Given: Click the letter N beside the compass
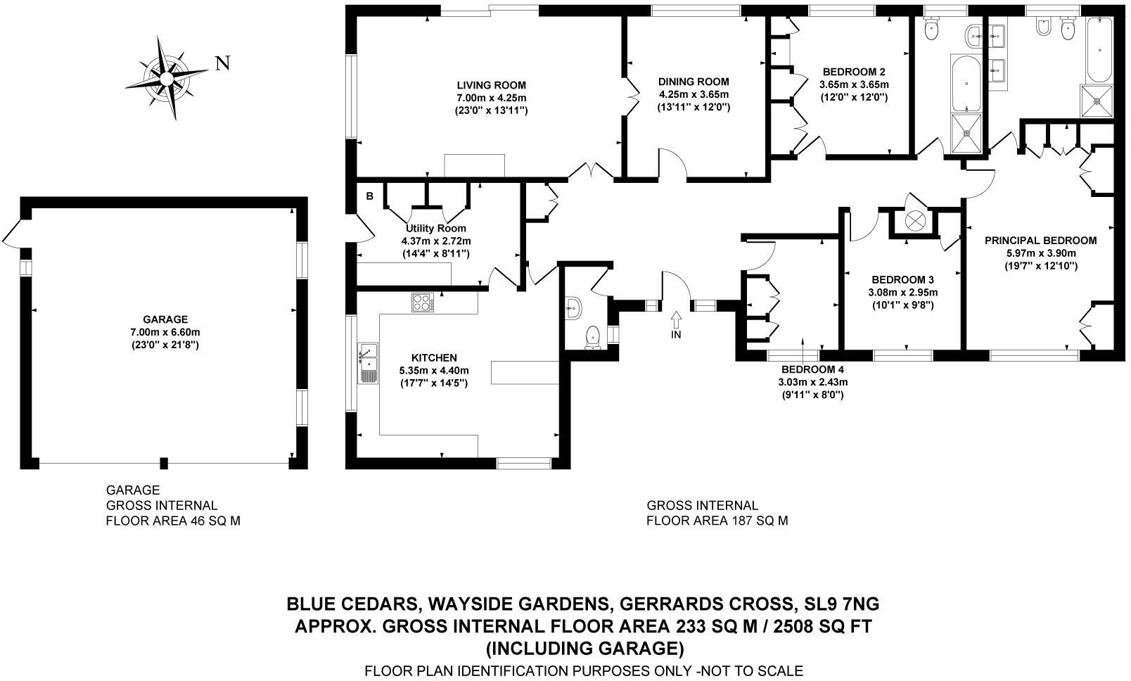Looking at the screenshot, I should [222, 64].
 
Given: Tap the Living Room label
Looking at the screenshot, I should [491, 85].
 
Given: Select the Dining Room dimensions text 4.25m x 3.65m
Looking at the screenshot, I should [694, 94].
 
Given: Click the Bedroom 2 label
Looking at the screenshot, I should [853, 72].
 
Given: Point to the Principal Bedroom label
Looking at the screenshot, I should [1040, 240].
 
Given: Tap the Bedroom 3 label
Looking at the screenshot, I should [902, 279].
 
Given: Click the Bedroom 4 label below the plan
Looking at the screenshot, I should [812, 369].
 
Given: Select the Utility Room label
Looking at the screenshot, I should [436, 229].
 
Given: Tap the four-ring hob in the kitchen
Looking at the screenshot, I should [422, 303].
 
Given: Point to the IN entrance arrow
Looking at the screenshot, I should [677, 321].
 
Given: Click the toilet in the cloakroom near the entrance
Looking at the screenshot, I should [592, 337].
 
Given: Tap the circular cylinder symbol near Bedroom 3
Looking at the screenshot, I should [915, 220].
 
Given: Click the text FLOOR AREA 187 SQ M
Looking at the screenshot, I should [717, 521].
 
